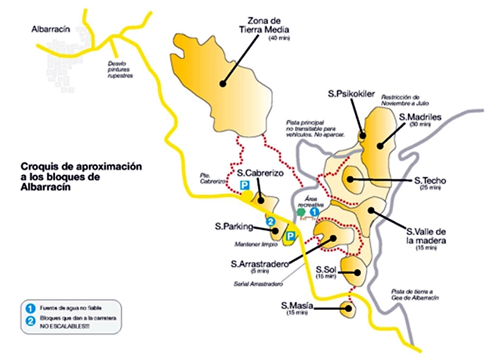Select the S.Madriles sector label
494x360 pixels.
[420, 117]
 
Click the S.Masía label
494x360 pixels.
[298, 305]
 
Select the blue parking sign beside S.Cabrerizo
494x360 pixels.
[245, 185]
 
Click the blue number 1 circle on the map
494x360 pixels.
[315, 210]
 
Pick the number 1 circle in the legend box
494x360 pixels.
[30, 308]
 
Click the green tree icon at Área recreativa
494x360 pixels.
[301, 211]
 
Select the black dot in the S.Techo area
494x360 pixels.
[349, 180]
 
